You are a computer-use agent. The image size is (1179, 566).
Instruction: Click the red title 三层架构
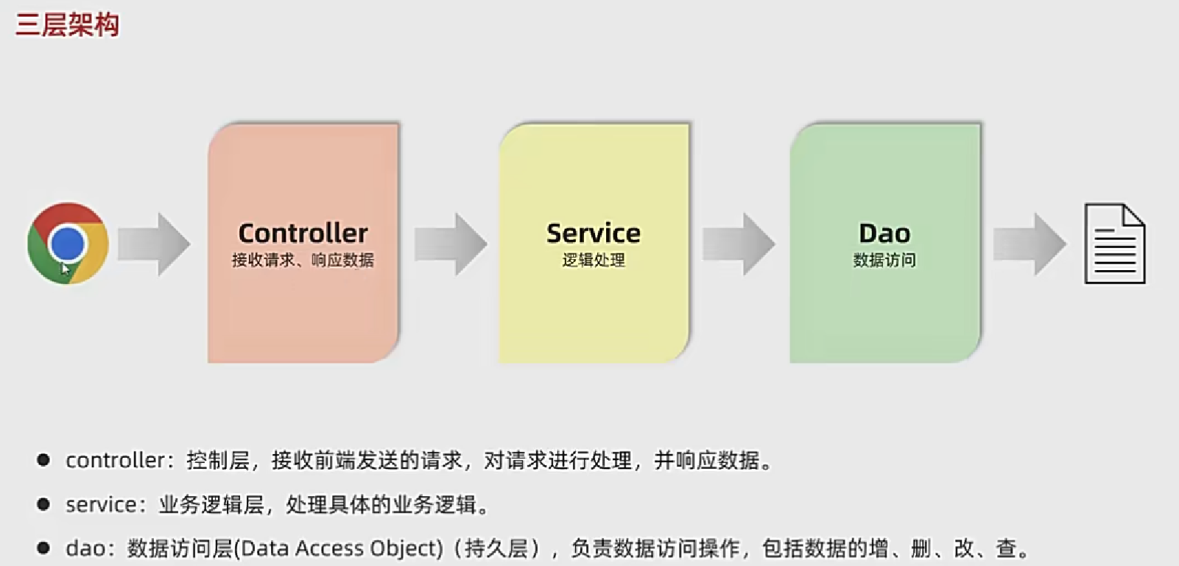coord(67,25)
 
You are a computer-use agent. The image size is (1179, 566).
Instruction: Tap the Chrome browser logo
coord(68,243)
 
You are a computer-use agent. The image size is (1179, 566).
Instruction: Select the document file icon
coord(1114,244)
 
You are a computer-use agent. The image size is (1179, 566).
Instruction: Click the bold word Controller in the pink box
coord(303,233)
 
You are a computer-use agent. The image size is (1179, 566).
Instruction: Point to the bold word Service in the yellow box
coord(594,233)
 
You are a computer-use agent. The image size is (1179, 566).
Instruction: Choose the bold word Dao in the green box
coord(884,233)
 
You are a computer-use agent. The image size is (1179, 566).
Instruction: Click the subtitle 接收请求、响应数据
coord(303,260)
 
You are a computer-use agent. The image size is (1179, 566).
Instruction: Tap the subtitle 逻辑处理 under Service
coord(594,260)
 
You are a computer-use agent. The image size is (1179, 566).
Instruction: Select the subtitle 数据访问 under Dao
coord(884,260)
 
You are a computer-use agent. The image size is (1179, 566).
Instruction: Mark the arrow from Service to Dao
coord(739,244)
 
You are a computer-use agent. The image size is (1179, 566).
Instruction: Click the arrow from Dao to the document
coord(1030,244)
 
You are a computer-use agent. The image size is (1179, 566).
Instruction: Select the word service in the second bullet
coord(101,505)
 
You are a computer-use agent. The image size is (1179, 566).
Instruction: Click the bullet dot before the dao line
coord(43,548)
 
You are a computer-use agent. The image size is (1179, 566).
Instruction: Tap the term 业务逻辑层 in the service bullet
coord(211,505)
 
